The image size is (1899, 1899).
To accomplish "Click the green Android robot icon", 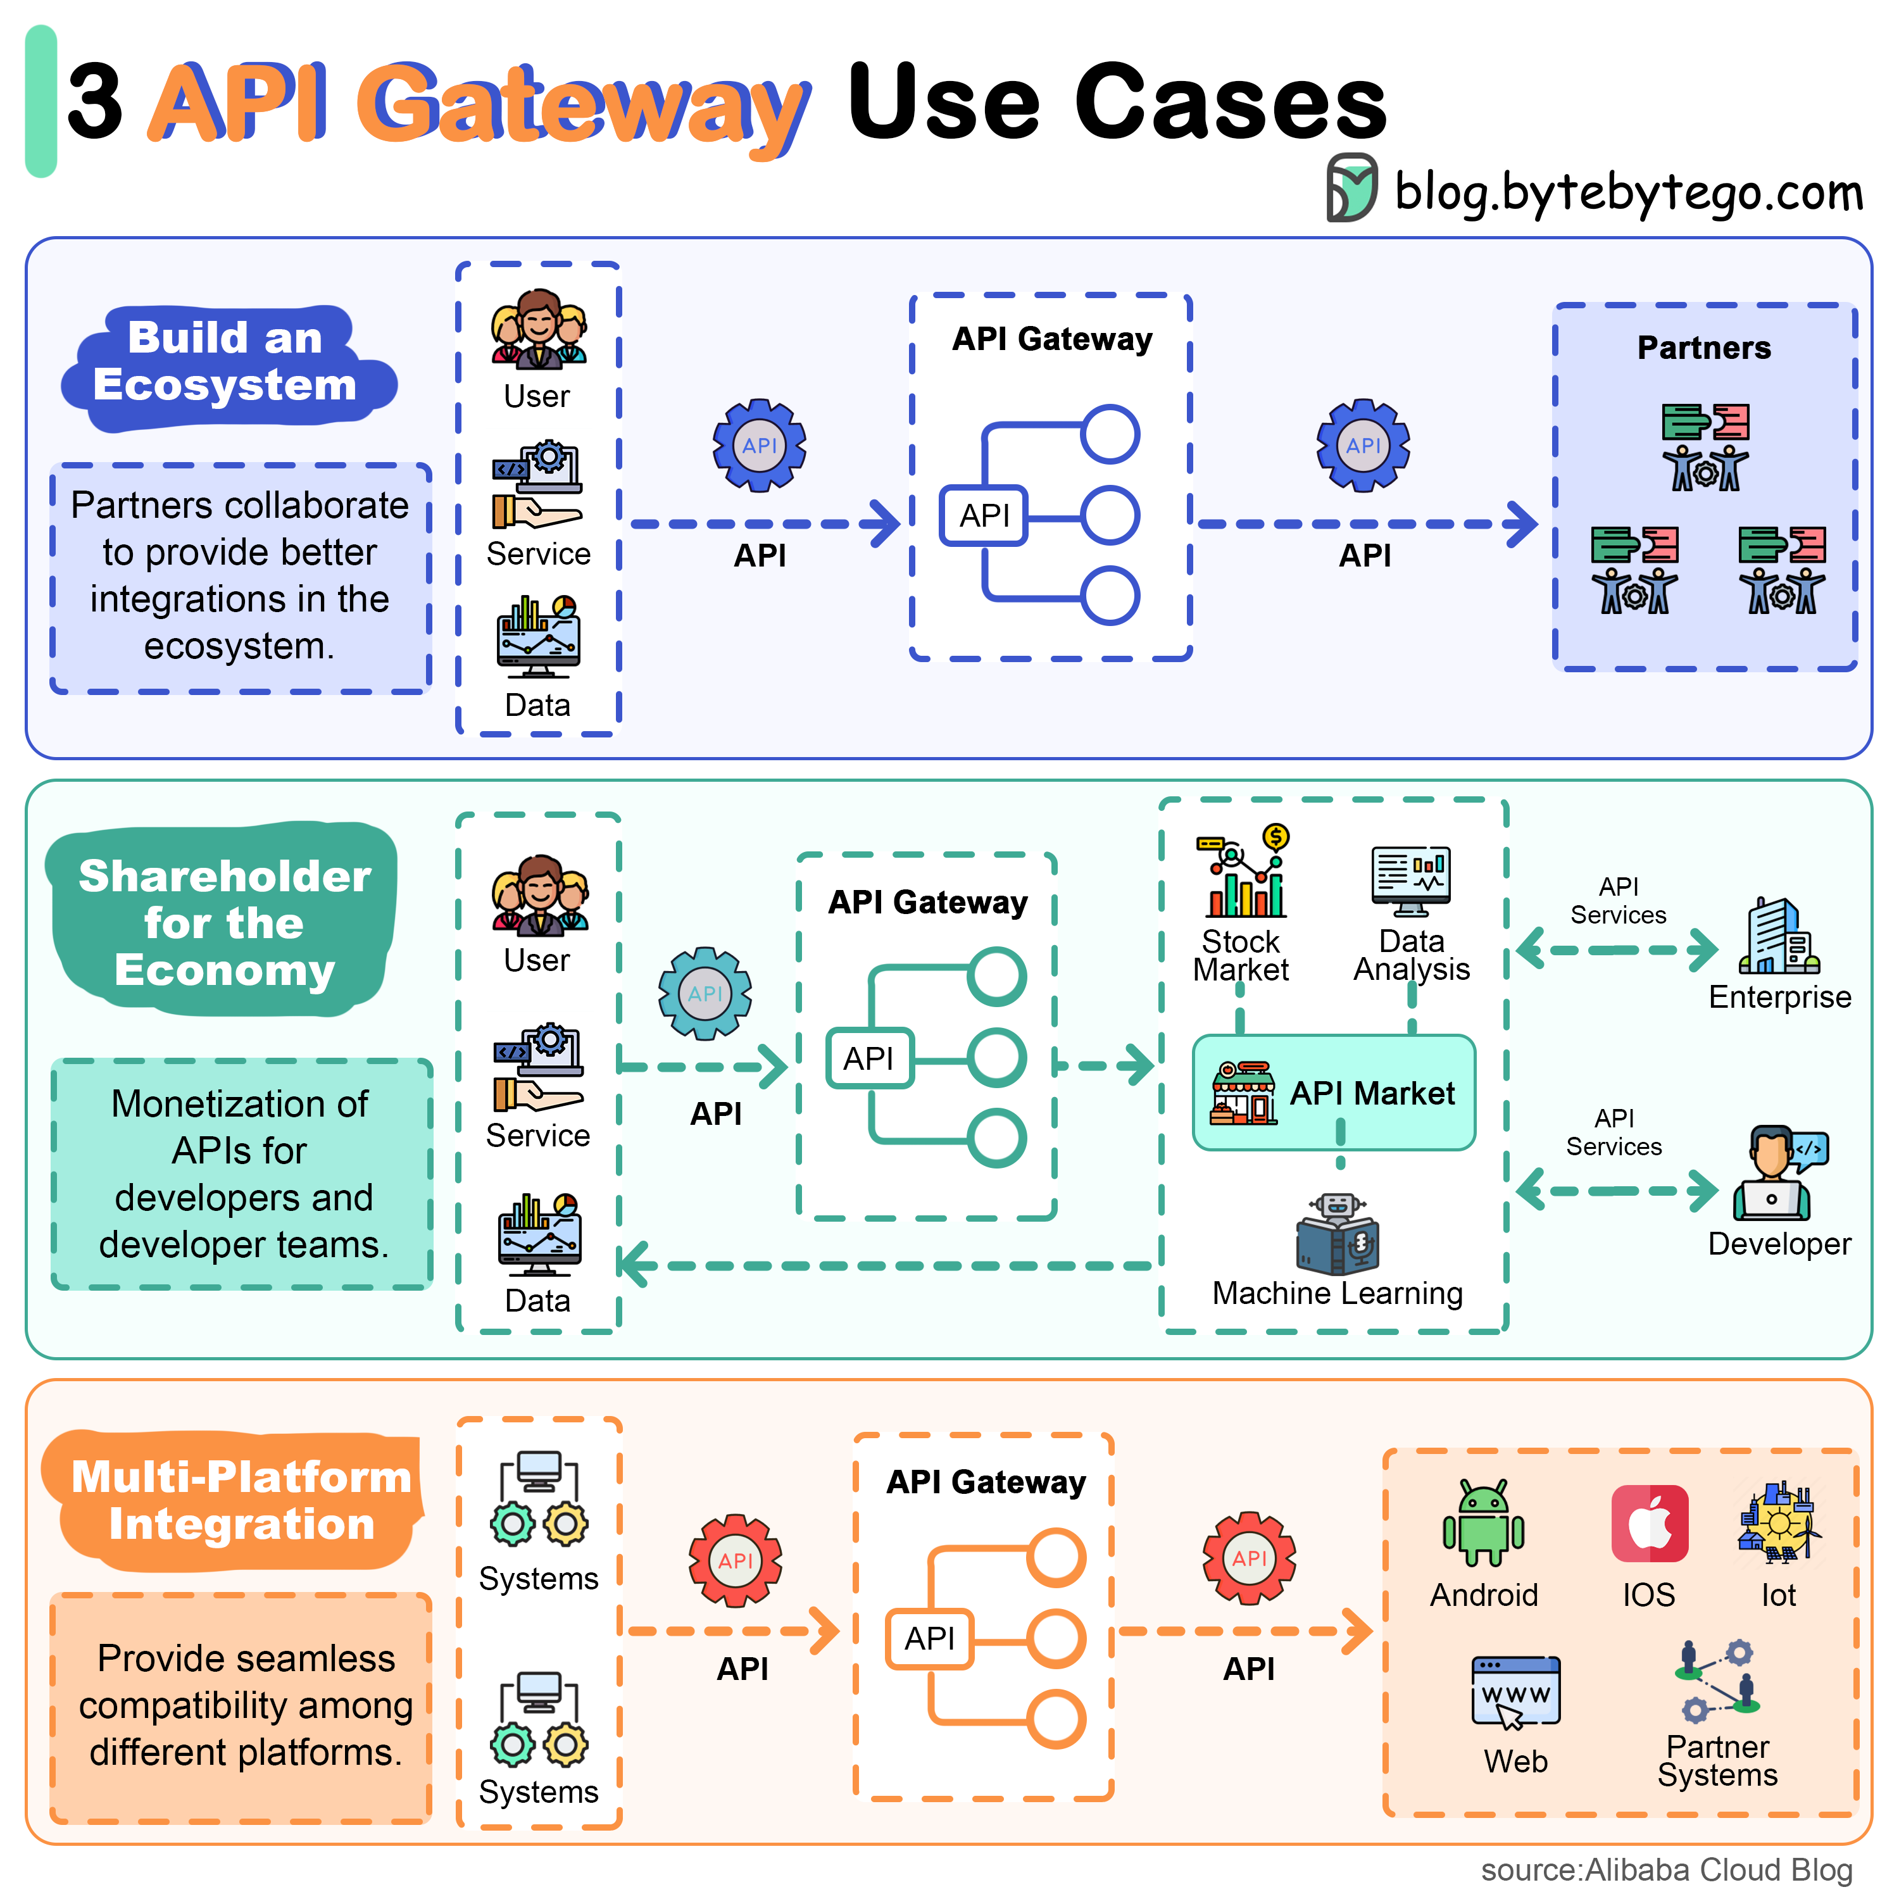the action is tap(1483, 1522).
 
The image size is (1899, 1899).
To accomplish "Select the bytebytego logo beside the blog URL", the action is tap(1351, 187).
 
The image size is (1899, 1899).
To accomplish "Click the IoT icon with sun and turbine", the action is tap(1779, 1522).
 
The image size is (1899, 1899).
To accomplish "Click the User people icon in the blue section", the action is tap(539, 329).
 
